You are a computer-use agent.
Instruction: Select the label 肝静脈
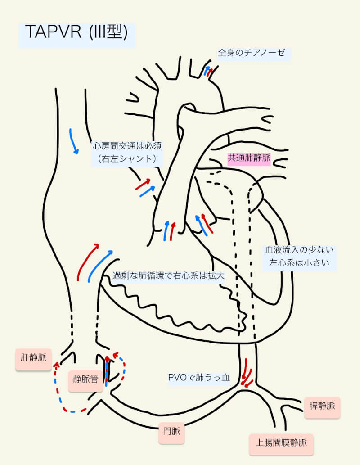click(33, 359)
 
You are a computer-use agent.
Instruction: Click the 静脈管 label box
click(85, 379)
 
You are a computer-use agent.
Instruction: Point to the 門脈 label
click(171, 432)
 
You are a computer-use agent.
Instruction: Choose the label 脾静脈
click(322, 406)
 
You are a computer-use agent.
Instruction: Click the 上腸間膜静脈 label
click(281, 442)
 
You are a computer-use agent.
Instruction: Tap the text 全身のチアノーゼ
click(252, 53)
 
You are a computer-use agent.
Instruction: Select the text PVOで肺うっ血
click(198, 378)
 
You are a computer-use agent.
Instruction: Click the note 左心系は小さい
click(299, 262)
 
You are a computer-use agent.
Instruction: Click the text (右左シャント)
click(126, 158)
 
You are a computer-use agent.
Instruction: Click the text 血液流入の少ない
click(299, 250)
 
